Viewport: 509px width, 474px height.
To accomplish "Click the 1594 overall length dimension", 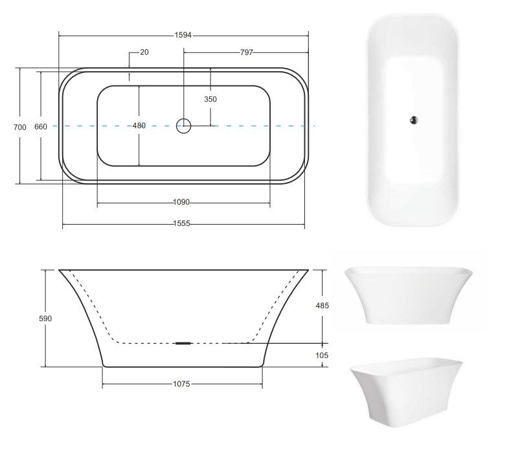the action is (x=183, y=35).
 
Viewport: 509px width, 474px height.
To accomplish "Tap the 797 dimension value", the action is (x=246, y=52).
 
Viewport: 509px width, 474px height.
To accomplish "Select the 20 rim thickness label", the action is (x=144, y=52).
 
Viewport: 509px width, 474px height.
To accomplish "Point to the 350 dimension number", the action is (x=210, y=99).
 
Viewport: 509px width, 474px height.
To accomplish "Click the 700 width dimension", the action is (x=20, y=128).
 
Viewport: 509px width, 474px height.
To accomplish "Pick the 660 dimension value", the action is (x=41, y=127).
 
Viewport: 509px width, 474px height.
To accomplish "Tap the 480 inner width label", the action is (x=139, y=126).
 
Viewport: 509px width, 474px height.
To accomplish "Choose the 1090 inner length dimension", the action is (x=181, y=202).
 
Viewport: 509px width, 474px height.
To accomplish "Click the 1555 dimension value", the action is (x=181, y=223).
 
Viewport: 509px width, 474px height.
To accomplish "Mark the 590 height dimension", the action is (x=45, y=319).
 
